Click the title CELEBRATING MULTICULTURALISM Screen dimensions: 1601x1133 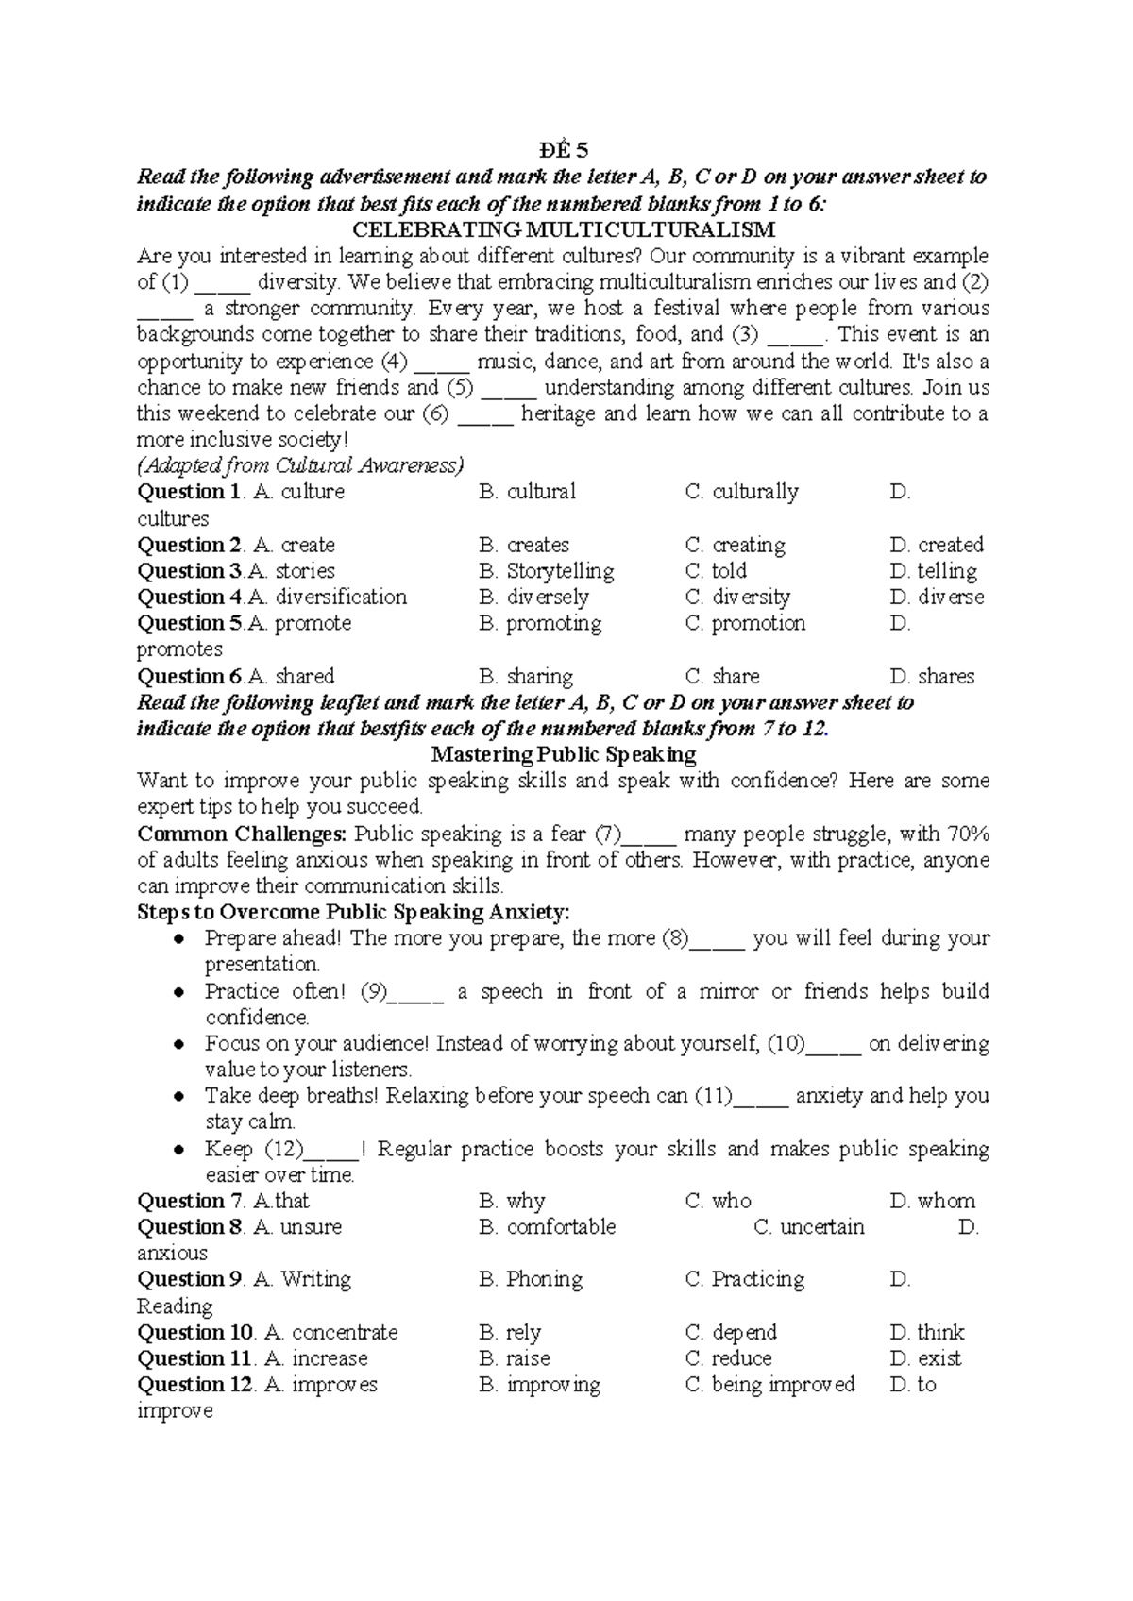point(563,229)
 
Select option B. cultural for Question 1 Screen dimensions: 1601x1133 point(527,492)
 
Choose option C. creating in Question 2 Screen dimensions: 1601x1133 point(735,545)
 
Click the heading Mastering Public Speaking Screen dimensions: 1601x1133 point(563,754)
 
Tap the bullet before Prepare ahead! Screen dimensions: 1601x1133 point(179,939)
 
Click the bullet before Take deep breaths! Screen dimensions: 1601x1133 point(179,1097)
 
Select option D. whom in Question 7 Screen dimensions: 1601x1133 point(932,1201)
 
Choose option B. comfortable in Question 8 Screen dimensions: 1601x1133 point(547,1226)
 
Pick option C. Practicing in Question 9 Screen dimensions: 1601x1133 point(744,1279)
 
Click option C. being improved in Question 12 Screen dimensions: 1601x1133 point(769,1384)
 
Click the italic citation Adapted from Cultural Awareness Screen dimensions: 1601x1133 point(300,465)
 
